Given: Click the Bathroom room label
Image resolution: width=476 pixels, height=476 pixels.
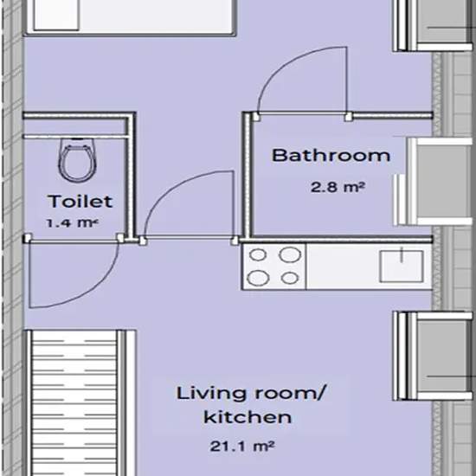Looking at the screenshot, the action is click(331, 155).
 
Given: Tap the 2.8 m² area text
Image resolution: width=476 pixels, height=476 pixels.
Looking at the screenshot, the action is click(337, 187).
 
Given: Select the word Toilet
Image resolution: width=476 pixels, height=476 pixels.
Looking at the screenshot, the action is click(80, 202).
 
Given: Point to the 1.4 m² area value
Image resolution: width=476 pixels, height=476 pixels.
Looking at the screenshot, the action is click(72, 223).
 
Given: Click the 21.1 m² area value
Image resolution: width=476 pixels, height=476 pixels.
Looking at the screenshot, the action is click(242, 447).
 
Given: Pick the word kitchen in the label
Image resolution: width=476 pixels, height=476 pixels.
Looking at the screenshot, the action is click(248, 417).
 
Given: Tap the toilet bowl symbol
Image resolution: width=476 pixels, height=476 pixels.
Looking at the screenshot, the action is click(78, 160).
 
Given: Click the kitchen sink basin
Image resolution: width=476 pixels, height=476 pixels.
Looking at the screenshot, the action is click(402, 267).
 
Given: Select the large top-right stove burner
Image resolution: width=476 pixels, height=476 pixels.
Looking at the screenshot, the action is click(290, 254).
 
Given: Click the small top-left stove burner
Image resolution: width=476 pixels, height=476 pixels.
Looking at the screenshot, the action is click(258, 255).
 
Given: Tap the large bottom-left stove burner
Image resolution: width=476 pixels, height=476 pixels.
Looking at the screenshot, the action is click(258, 278).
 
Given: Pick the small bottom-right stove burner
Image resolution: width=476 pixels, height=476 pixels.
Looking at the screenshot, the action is click(290, 278).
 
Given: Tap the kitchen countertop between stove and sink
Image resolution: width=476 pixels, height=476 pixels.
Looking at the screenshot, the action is click(343, 267).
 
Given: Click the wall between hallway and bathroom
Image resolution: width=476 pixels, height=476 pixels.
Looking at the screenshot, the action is click(248, 175).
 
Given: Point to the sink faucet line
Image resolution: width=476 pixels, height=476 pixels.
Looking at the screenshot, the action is click(402, 254).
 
